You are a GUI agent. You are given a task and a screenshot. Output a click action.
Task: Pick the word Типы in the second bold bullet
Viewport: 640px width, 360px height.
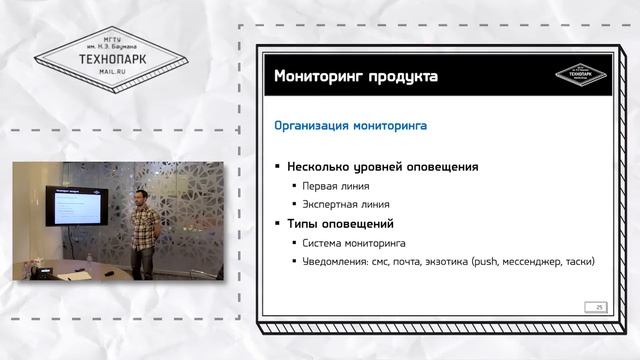click(304, 223)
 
